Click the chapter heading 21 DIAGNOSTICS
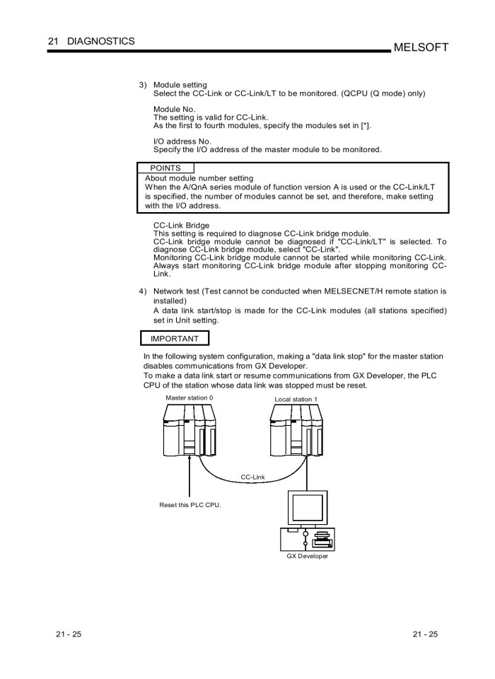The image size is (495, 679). pyautogui.click(x=91, y=41)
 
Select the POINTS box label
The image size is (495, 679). pyautogui.click(x=165, y=168)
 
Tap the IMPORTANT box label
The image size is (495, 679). pyautogui.click(x=175, y=339)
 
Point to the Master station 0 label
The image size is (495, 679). pyautogui.click(x=189, y=397)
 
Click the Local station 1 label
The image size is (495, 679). pyautogui.click(x=296, y=399)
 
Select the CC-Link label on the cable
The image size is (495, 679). pyautogui.click(x=252, y=477)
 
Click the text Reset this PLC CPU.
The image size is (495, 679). pyautogui.click(x=190, y=505)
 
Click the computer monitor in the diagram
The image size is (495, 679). pyautogui.click(x=306, y=505)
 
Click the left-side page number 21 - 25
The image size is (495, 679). pyautogui.click(x=69, y=634)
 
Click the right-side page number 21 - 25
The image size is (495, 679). pyautogui.click(x=425, y=634)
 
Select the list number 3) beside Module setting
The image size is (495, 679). pyautogui.click(x=143, y=85)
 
